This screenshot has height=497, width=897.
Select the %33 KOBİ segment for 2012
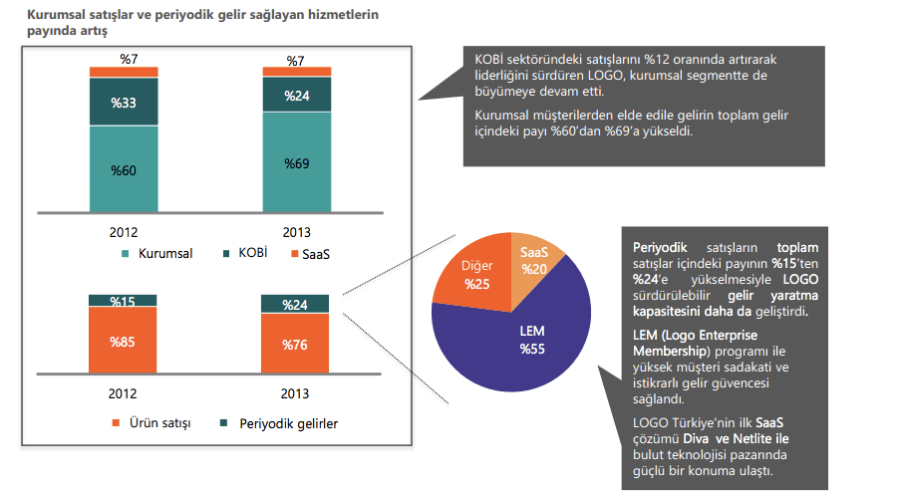(x=123, y=102)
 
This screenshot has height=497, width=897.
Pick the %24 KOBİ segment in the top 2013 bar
(x=296, y=96)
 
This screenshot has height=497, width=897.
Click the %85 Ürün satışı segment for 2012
(x=123, y=341)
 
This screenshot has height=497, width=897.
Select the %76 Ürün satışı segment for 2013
(x=296, y=345)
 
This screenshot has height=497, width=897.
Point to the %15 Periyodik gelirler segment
(x=123, y=301)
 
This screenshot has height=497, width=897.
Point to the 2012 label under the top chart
(x=123, y=232)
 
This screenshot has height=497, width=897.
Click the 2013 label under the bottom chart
(x=296, y=393)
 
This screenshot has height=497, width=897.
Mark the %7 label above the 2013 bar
(x=296, y=62)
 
